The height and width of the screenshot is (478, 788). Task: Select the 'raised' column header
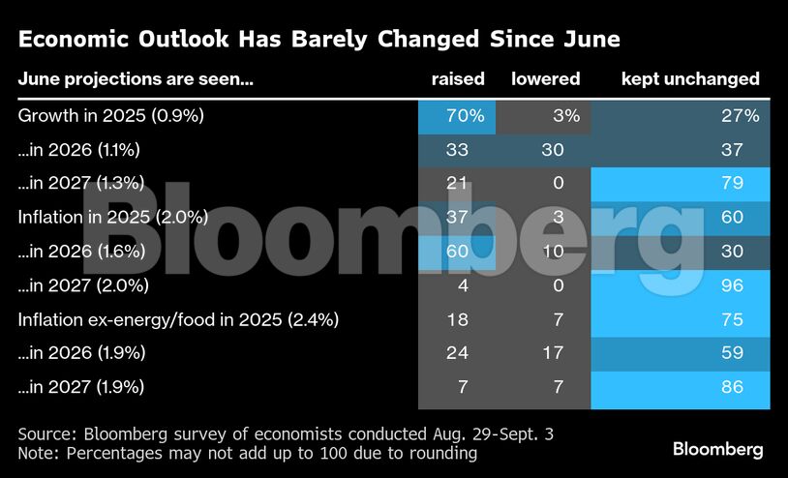coord(457,79)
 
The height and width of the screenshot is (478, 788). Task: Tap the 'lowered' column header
coord(545,79)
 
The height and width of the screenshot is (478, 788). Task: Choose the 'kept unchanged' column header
coord(689,79)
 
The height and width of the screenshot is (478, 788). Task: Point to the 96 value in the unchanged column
coord(731,285)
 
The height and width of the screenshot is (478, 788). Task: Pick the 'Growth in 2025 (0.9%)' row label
coord(111,116)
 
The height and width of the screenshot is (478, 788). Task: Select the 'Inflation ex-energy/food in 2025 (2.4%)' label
coord(178,319)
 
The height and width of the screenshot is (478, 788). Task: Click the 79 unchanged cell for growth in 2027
coord(731,184)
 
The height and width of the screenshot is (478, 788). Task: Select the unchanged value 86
coord(731,387)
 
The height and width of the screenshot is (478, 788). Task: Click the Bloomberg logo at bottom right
coord(717,449)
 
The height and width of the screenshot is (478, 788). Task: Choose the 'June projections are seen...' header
coord(136,79)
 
